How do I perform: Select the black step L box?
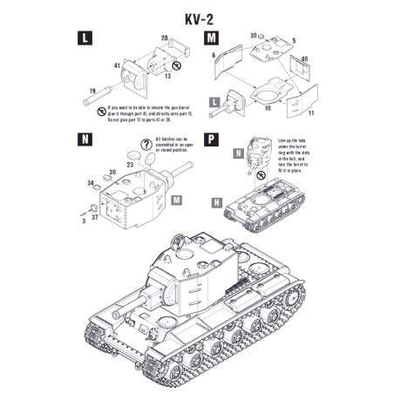coord(84,38)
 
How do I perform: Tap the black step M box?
coord(212,38)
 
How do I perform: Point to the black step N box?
coord(84,140)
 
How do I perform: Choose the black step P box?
coord(212,140)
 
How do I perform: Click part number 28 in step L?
coord(163,37)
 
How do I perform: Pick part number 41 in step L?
coord(116,65)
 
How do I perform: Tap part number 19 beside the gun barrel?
coord(92,90)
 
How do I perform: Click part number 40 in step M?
coord(304,59)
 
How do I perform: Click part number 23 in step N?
coord(130,163)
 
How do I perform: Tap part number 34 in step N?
coord(92,182)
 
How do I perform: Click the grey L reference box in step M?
coord(212,102)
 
